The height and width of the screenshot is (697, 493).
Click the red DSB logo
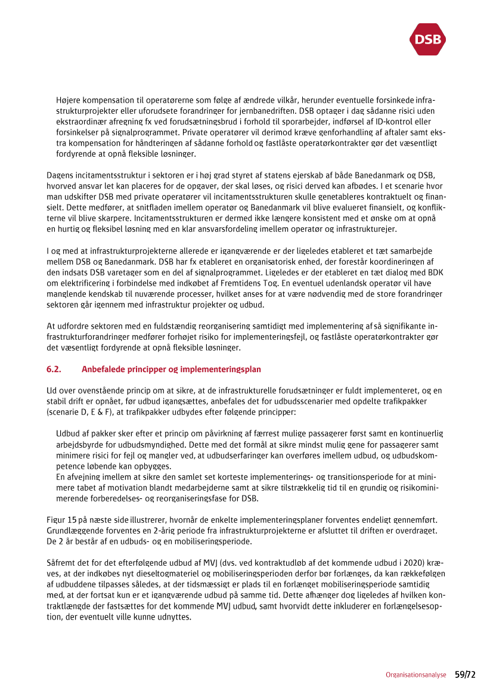coord(427,39)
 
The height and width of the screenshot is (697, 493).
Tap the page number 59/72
coord(465,675)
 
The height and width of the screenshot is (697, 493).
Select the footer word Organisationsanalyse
coord(416,676)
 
